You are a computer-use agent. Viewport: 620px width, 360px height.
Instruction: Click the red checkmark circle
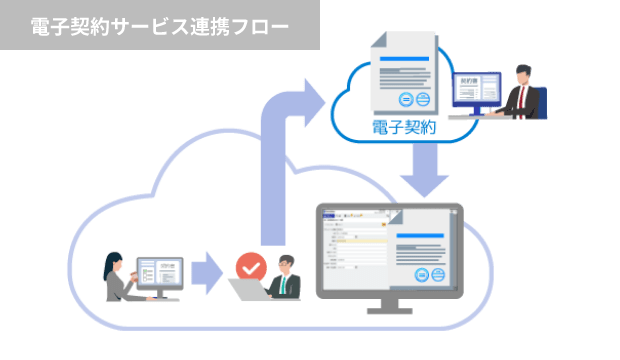point(249,267)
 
